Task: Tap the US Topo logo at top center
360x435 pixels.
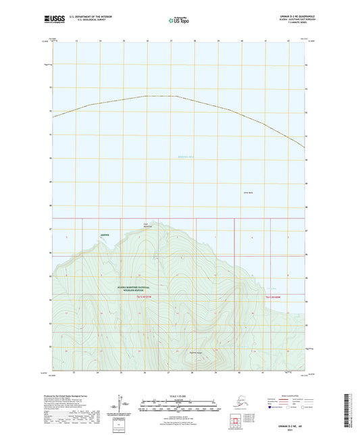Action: click(x=179, y=21)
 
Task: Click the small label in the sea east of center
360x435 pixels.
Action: click(x=247, y=194)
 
